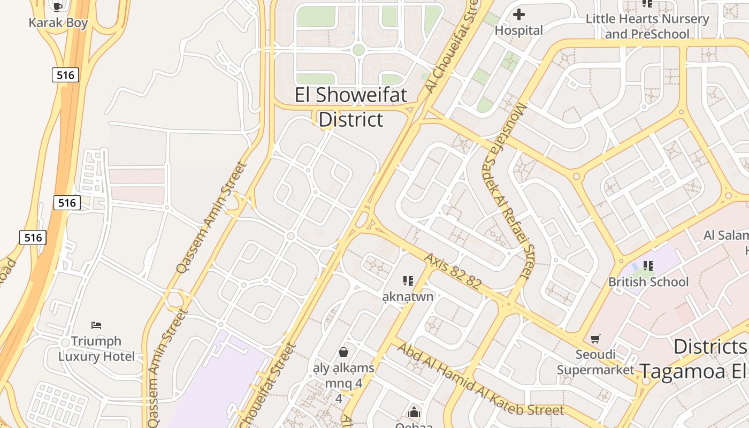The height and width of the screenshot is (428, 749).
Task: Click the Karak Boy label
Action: coord(58,22)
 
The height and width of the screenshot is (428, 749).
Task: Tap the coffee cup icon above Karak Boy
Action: coord(58,6)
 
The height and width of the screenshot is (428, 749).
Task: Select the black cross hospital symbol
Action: coord(518,14)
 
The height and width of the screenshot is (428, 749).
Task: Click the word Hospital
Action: coord(518,30)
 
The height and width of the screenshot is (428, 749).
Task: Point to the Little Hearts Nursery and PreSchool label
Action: coord(647,26)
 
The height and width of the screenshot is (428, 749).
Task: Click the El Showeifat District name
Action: coord(351,107)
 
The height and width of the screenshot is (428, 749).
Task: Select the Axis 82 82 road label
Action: coord(453,271)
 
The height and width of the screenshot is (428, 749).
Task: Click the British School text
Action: coord(648,281)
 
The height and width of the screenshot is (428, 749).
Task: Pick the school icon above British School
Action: coord(648,265)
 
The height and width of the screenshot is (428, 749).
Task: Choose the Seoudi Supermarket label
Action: coord(595,362)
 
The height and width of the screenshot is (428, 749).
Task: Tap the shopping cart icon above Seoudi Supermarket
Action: coord(595,339)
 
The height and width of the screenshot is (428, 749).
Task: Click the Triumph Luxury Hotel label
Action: coord(96,349)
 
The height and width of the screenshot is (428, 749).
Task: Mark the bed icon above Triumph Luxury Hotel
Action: coord(96,325)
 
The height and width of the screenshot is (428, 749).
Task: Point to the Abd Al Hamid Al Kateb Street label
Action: coord(480,379)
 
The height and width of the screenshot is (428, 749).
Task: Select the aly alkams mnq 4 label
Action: coord(343,376)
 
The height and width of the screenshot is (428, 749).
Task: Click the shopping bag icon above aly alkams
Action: coord(343,352)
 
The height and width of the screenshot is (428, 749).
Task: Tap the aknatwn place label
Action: coord(408,296)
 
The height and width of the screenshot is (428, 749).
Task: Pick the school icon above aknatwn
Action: coord(408,280)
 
